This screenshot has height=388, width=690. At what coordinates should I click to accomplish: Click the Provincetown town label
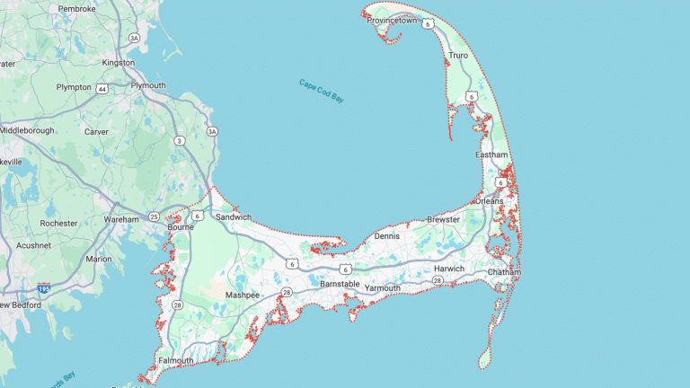(392, 20)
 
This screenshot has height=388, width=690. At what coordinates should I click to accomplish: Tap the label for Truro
(458, 55)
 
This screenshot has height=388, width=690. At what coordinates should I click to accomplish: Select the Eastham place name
(491, 155)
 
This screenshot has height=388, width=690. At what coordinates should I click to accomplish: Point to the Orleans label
(490, 201)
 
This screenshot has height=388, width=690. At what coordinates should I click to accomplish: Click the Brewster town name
(443, 219)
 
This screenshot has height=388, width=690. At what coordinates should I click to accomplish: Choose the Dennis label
(386, 236)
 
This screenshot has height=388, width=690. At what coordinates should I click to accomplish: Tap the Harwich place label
(448, 269)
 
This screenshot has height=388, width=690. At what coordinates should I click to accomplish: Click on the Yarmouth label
(383, 288)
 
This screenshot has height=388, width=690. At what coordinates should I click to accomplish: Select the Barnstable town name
(341, 284)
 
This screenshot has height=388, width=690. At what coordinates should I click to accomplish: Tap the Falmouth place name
(174, 361)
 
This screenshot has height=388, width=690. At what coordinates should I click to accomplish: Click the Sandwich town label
(233, 217)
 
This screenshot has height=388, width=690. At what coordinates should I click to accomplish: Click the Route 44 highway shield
(102, 88)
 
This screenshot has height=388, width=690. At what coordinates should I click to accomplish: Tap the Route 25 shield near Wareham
(155, 217)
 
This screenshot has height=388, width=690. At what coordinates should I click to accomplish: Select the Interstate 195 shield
(43, 288)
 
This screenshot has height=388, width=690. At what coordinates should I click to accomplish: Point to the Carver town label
(95, 132)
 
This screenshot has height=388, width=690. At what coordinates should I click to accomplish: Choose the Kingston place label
(119, 63)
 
